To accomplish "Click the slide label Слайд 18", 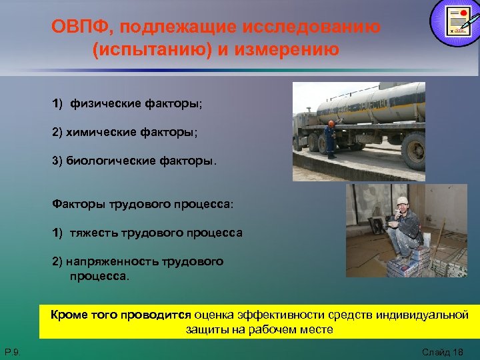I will [x=441, y=351].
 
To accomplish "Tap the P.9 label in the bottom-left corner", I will [x=13, y=351].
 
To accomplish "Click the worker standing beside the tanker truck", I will [x=331, y=139].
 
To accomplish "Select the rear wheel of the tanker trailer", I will [x=413, y=150].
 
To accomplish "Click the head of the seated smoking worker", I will [x=401, y=202].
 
